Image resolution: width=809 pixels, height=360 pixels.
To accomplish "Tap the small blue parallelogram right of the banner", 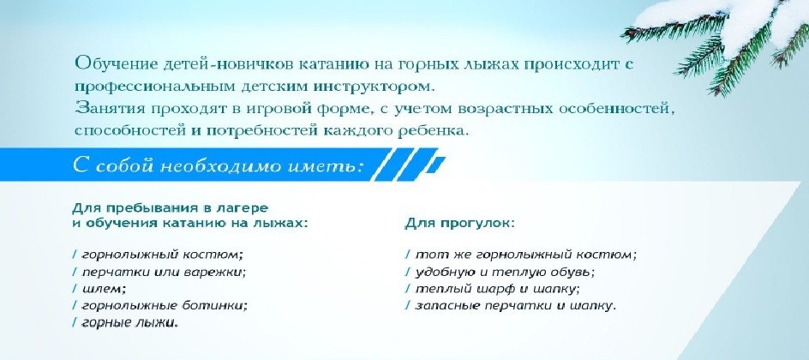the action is click(436, 164).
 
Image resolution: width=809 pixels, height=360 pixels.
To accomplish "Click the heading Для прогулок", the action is click(459, 224).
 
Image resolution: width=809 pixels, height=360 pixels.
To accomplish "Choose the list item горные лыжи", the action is click(129, 322).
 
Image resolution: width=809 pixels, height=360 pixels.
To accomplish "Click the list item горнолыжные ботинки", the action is click(165, 305).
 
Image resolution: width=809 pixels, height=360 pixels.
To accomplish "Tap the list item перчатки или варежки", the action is click(164, 271).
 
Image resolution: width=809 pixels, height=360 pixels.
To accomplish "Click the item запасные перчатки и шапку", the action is click(515, 305).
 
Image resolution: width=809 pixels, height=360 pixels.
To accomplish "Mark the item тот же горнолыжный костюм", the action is click(525, 254).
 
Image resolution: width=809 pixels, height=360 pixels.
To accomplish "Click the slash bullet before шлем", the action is click(75, 287).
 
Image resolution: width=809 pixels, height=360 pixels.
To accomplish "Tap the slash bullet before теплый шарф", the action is click(409, 288).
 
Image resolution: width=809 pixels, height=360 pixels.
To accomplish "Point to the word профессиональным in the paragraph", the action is click(155, 86).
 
